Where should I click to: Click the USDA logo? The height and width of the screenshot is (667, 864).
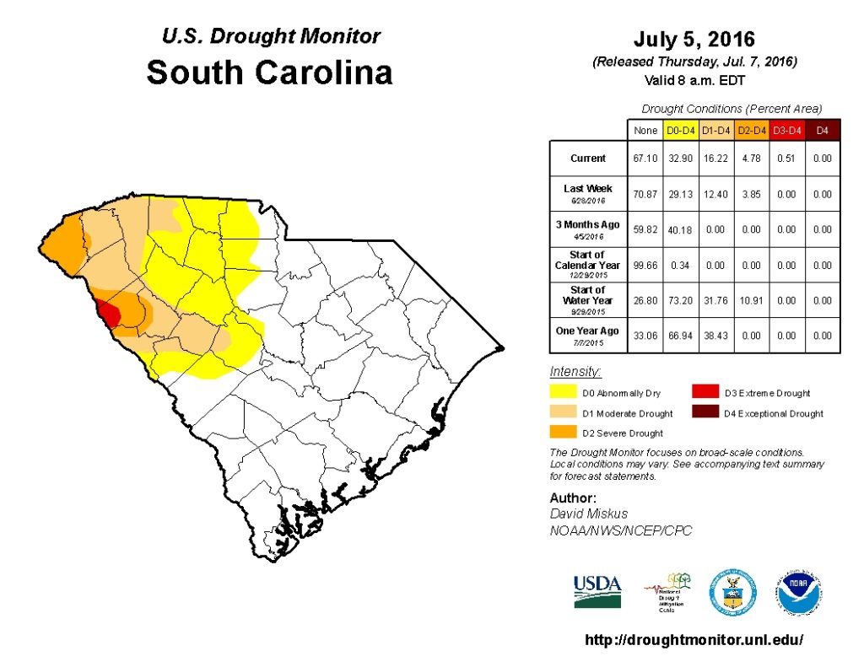click(x=597, y=591)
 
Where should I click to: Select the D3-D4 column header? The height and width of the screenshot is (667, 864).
click(x=787, y=131)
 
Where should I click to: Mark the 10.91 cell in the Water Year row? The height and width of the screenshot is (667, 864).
click(x=752, y=300)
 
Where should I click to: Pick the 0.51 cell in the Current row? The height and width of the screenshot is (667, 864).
click(x=787, y=159)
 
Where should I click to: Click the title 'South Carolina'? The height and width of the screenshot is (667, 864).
click(x=270, y=73)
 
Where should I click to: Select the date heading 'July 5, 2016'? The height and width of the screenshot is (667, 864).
click(x=694, y=40)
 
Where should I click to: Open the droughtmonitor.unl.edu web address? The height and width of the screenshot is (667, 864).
click(x=694, y=640)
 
